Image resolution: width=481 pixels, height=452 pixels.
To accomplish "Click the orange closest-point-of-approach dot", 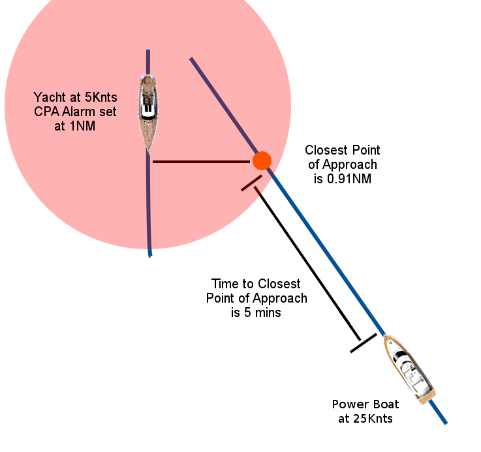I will (x=262, y=160).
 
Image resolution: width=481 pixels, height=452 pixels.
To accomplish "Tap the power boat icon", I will (x=410, y=369).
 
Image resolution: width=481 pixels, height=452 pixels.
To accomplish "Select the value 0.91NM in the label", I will (x=349, y=178).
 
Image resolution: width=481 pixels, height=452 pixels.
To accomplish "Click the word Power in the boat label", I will (x=347, y=404).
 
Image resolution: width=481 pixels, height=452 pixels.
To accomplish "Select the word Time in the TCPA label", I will (x=225, y=284).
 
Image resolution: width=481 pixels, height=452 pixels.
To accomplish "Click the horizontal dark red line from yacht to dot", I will (x=202, y=161).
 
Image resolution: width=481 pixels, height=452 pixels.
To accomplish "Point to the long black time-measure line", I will (x=307, y=264).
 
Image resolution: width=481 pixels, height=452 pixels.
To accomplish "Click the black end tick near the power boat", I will (x=364, y=343).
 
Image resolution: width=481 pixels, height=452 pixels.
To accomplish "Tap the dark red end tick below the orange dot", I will (x=251, y=183).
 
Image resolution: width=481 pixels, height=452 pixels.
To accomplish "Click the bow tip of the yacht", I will (x=149, y=151).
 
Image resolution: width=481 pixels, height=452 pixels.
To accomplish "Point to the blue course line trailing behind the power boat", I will (x=439, y=414).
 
